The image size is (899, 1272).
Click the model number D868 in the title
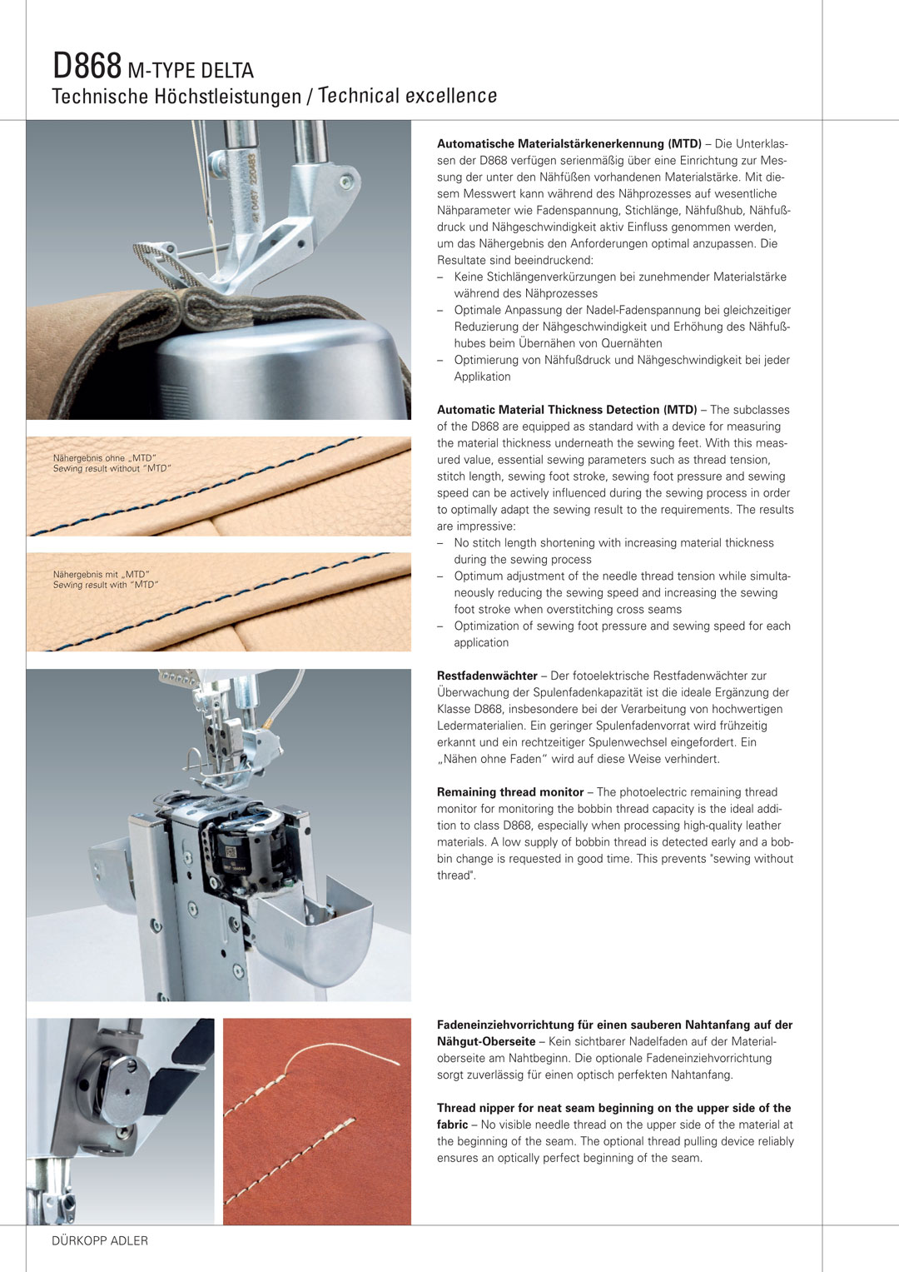pos(87,66)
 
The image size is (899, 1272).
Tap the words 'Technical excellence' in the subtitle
pos(408,97)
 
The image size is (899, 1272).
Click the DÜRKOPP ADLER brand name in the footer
pos(100,1240)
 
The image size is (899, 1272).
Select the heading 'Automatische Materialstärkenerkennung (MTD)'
pos(569,144)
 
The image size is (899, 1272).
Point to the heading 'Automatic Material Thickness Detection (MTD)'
pos(567,410)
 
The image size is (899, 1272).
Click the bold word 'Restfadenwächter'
pos(487,676)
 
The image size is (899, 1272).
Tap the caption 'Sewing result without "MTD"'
pos(112,469)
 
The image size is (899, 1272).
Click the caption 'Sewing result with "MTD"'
pos(105,585)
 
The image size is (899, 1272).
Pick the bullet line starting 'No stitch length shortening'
pos(614,543)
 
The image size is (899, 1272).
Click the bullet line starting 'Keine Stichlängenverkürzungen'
pos(619,277)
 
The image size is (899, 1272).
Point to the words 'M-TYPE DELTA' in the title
pos(191,70)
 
